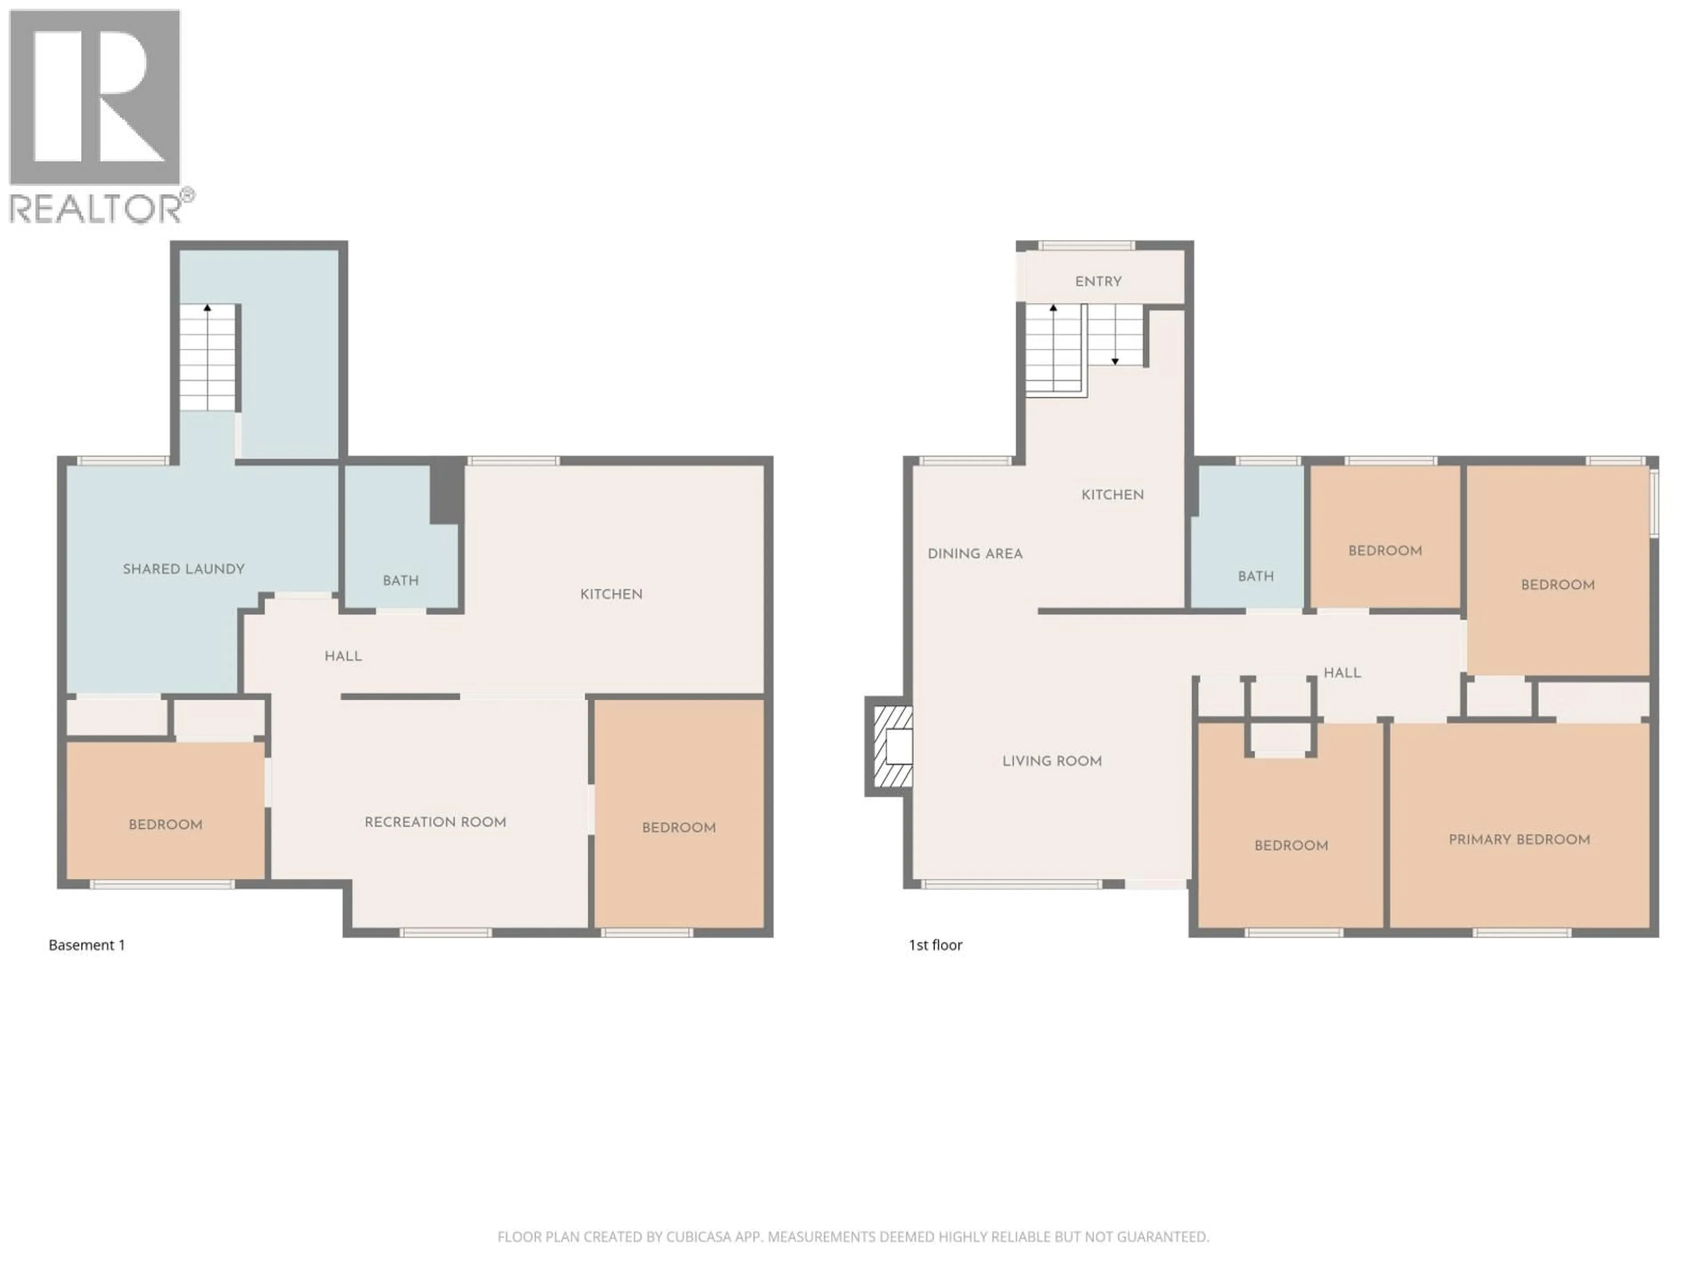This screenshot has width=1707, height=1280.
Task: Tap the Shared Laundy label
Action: tap(184, 568)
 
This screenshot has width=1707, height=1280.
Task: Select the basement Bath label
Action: tap(401, 580)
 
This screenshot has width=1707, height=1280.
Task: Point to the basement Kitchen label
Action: tap(611, 594)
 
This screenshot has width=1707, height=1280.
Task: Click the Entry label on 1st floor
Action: tap(1098, 282)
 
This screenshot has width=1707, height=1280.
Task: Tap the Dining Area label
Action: tap(975, 554)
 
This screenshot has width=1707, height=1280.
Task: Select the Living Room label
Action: tap(1052, 761)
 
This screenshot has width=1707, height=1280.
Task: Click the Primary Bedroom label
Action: tap(1519, 840)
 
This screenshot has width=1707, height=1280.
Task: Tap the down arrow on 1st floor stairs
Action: tap(1115, 360)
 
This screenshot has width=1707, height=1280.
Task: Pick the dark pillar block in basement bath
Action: tap(446, 492)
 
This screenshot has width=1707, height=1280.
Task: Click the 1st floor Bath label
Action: tap(1255, 576)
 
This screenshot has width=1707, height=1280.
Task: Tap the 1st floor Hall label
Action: tap(1342, 673)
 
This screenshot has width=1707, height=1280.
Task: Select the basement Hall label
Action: tap(343, 656)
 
